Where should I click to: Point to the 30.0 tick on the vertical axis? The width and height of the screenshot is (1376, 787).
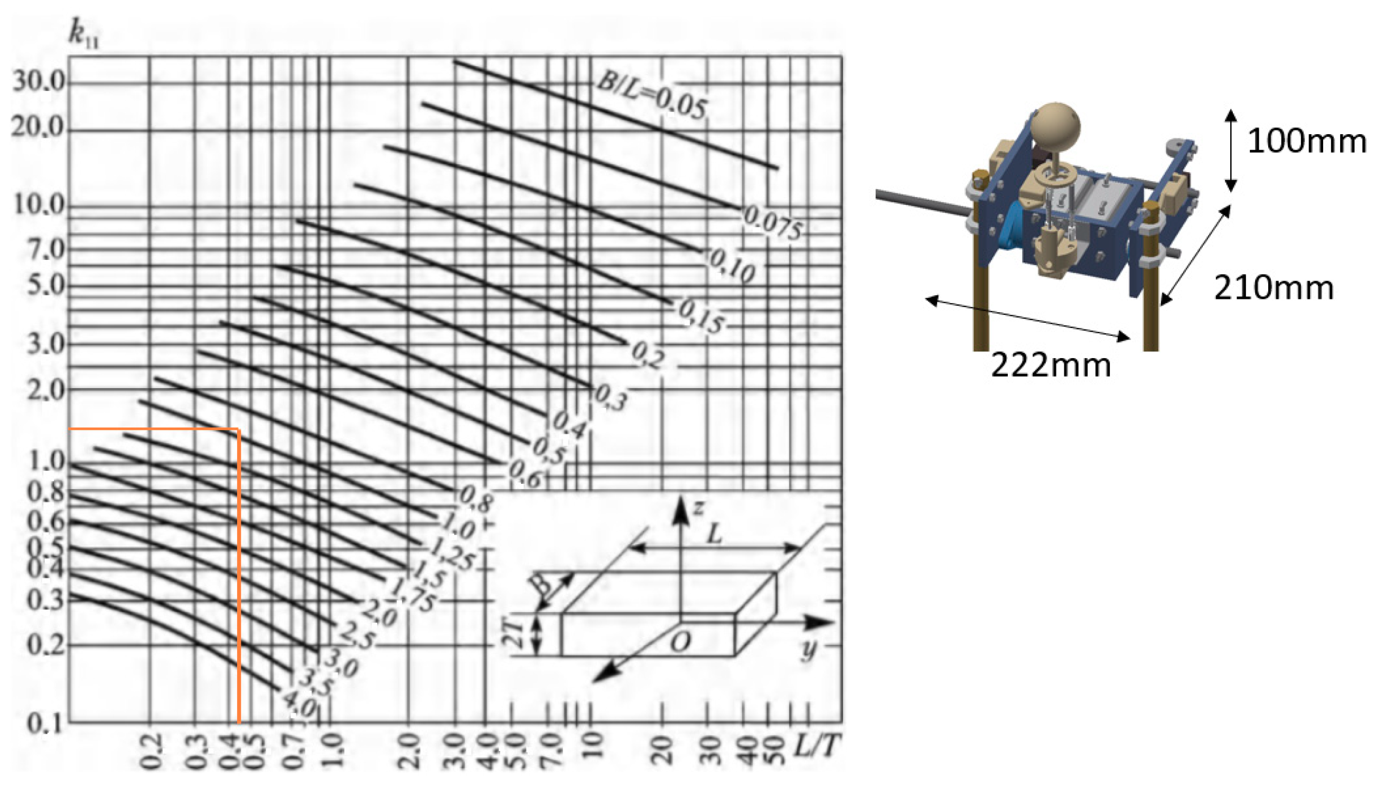(39, 82)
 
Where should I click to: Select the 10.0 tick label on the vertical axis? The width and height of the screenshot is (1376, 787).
(39, 206)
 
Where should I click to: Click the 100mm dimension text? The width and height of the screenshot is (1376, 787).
(1306, 142)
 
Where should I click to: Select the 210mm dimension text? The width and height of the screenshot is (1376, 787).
(1273, 288)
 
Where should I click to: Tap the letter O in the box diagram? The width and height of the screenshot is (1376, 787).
(680, 642)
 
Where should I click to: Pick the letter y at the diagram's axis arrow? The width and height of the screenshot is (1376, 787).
(808, 649)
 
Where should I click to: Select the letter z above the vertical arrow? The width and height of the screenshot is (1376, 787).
(698, 508)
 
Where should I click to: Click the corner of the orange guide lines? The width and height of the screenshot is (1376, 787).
(238, 429)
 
